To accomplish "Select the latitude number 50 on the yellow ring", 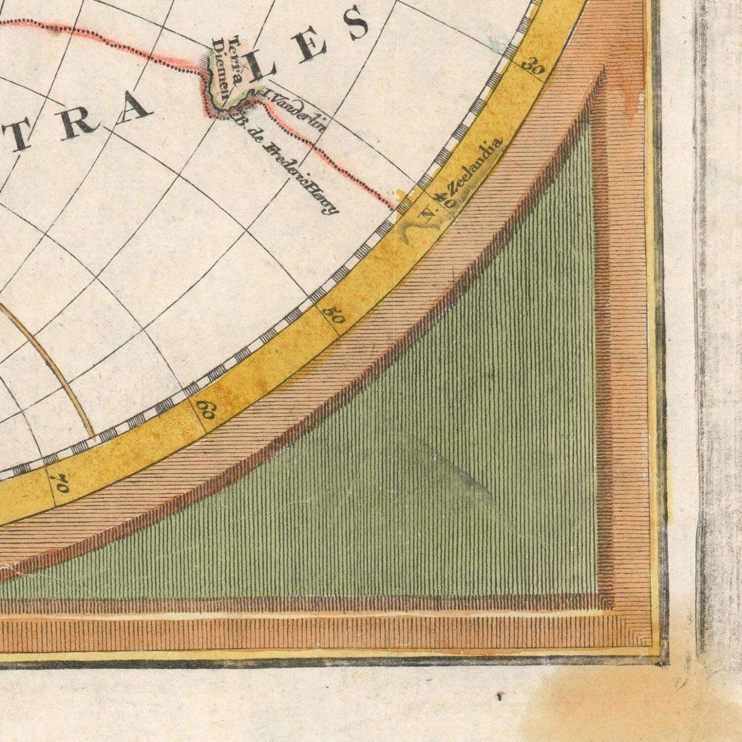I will (x=334, y=315).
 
